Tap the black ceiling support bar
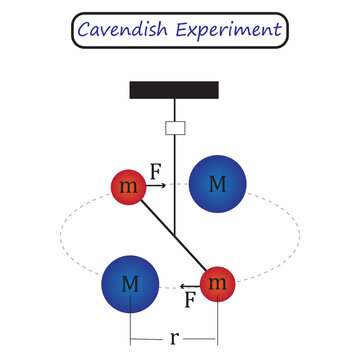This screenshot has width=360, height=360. (175, 90)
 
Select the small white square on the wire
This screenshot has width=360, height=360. (175, 128)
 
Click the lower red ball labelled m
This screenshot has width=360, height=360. (218, 285)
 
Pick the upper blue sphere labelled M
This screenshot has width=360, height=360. (217, 183)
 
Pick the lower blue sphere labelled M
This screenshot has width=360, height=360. (130, 284)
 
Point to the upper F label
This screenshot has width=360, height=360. (156, 171)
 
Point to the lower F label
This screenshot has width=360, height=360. (189, 298)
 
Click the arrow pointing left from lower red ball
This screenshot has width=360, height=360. (189, 285)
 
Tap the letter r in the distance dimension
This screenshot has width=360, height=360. (175, 337)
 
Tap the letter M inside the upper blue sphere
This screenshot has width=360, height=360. (217, 183)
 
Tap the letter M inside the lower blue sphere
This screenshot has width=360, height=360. (130, 284)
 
